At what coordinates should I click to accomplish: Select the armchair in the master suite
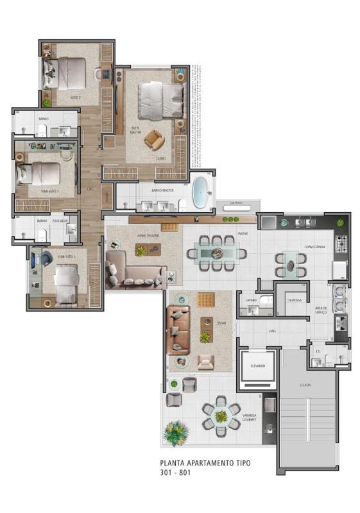(x=153, y=139)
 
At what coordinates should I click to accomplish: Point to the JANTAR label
(x=243, y=234)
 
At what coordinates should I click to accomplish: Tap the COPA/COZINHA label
(x=314, y=247)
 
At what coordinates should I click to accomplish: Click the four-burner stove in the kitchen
(x=342, y=244)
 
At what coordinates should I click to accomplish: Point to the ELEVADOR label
(x=257, y=366)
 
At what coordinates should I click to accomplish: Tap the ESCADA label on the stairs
(x=305, y=385)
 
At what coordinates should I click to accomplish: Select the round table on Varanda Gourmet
(x=221, y=417)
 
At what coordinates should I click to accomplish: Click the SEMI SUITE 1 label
(x=49, y=191)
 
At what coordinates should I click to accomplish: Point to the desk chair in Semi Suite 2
(x=47, y=258)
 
